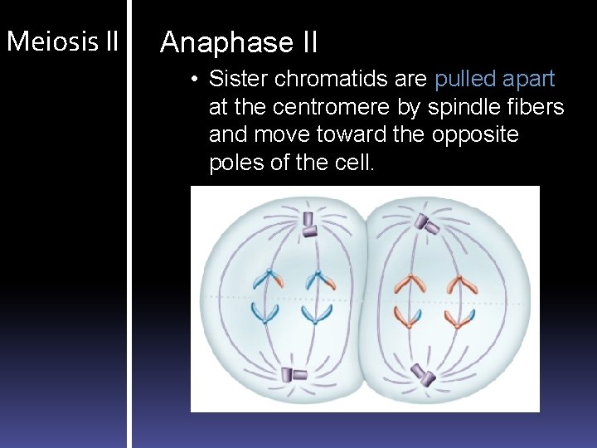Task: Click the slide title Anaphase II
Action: [x=239, y=42]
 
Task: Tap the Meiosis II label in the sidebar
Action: [x=62, y=41]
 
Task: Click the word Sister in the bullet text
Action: [x=238, y=79]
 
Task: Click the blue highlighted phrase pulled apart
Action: [x=494, y=79]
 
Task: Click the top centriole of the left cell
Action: [x=309, y=223]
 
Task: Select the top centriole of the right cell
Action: [x=427, y=222]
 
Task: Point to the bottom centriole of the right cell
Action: [x=425, y=377]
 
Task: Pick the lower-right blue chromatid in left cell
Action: [x=317, y=313]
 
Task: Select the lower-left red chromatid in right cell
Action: [x=408, y=314]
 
